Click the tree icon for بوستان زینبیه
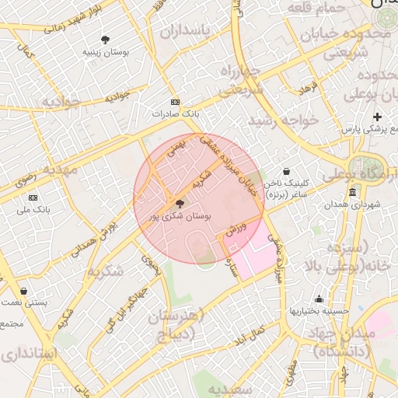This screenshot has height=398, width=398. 106,40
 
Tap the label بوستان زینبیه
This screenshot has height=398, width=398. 106,51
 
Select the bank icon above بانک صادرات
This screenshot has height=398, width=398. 175,102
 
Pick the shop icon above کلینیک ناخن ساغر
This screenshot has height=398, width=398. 286,171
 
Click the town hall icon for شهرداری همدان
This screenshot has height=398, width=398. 352,192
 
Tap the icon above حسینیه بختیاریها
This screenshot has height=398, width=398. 319,298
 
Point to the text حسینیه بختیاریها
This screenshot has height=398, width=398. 319,310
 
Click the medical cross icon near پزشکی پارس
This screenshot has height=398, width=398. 378,117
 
